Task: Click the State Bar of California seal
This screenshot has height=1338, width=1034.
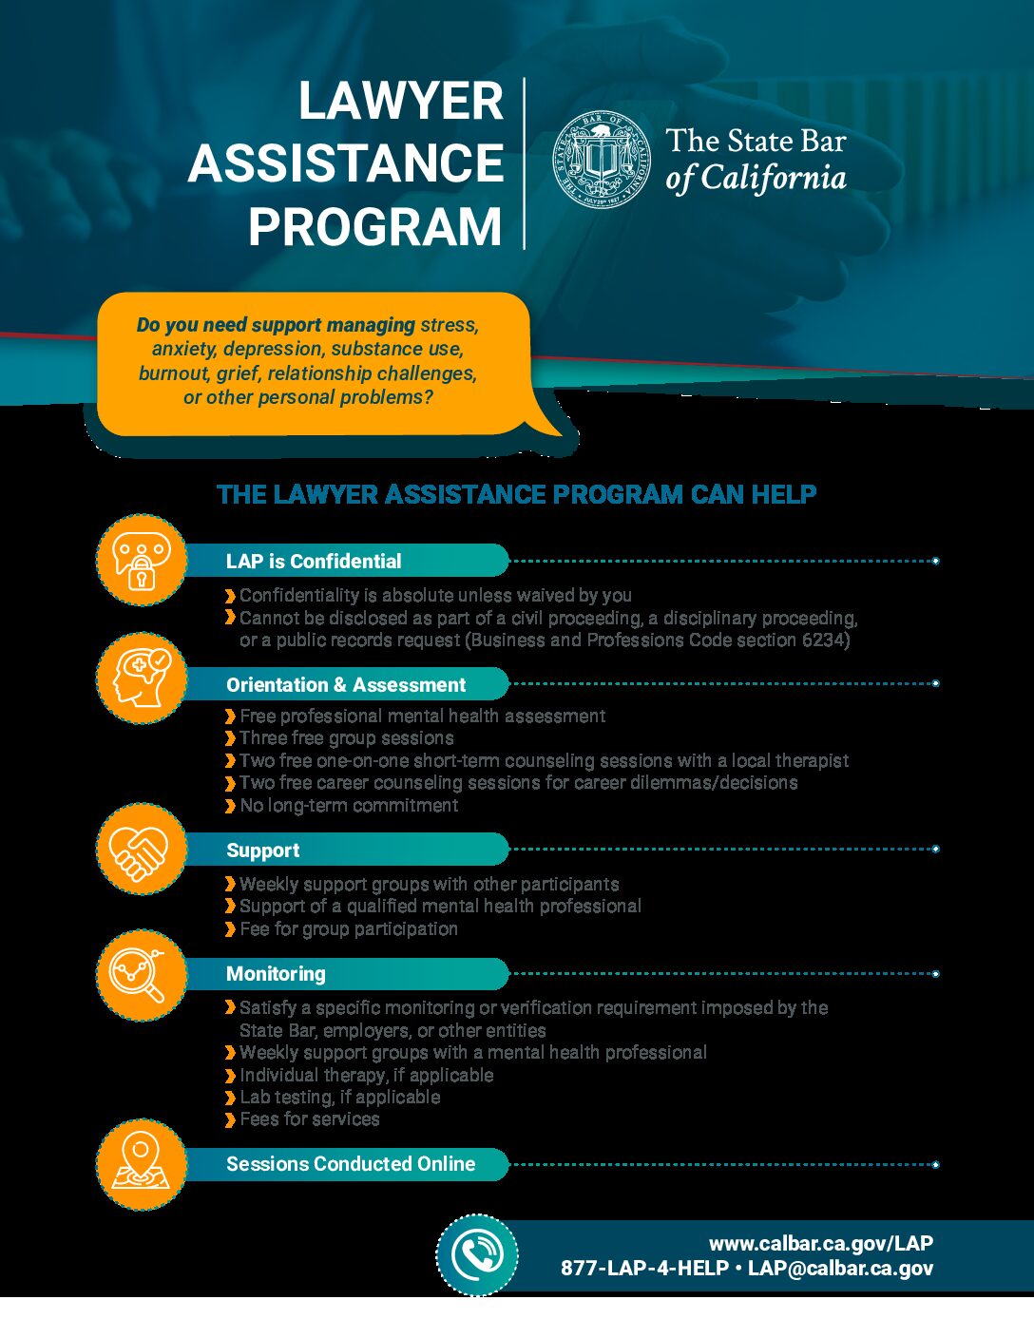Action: pos(603,159)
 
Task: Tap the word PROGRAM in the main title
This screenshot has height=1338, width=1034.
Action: pos(374,227)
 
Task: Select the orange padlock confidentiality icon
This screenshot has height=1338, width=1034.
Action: pos(142,561)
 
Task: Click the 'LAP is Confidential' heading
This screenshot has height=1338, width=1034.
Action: pos(314,562)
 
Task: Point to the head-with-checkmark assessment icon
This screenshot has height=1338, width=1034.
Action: pos(142,678)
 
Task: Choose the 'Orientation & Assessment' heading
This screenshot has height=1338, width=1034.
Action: pos(346,685)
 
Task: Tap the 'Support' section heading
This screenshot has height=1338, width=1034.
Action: pos(262,851)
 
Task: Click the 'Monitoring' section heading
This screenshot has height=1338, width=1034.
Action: pos(276,974)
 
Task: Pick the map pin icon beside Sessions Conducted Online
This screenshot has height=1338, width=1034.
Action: pos(141,1164)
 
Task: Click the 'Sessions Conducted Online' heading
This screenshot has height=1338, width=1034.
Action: pos(351,1164)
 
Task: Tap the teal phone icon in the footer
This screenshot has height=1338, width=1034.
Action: pos(477,1255)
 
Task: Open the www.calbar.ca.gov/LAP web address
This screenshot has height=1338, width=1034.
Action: pos(821,1243)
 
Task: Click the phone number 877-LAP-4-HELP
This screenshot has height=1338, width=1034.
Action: pos(644,1269)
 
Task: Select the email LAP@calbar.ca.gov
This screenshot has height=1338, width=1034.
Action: pos(840,1269)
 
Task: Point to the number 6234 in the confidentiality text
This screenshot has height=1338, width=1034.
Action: pos(825,640)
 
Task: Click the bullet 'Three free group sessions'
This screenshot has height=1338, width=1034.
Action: pos(346,738)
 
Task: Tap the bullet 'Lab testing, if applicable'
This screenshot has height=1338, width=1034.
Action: pos(339,1098)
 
